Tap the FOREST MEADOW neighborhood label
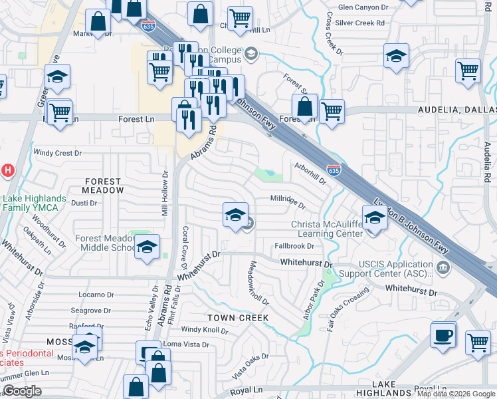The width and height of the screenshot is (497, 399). [103, 186]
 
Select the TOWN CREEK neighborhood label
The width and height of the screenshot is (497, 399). [238, 318]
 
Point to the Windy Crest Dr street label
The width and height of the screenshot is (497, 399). [58, 152]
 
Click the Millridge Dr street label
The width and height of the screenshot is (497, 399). [287, 198]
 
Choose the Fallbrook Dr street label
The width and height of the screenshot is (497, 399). [294, 246]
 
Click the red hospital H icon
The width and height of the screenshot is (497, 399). [7, 170]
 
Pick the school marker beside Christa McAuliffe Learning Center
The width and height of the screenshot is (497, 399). [375, 219]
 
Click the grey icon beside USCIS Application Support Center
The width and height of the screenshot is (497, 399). [443, 267]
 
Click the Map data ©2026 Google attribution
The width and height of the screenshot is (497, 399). [455, 394]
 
